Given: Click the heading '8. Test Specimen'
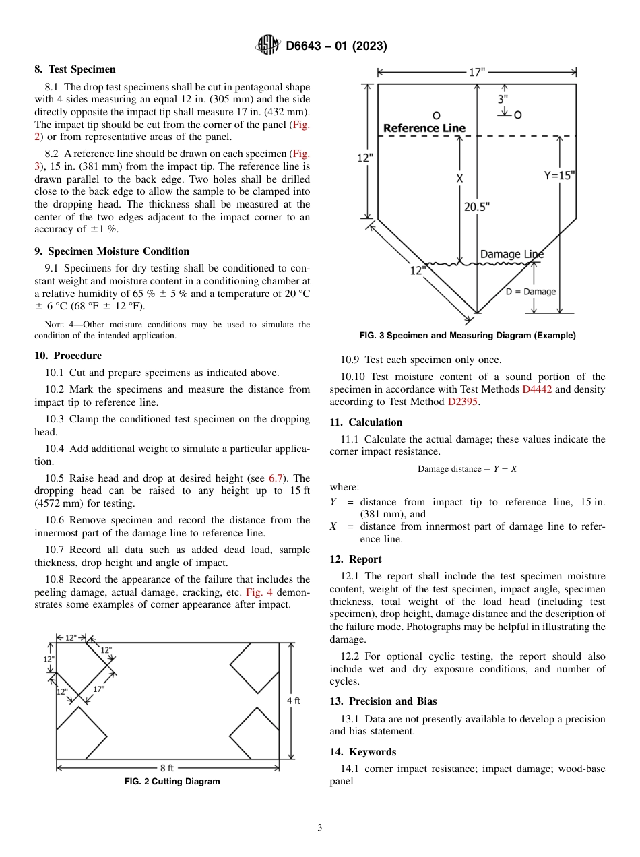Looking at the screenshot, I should (75, 69).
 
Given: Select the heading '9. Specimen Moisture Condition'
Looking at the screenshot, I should (112, 251).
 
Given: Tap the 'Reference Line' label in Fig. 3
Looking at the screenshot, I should (424, 128).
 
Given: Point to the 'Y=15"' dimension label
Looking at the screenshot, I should (559, 175).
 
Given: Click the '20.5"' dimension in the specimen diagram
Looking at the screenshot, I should (476, 207).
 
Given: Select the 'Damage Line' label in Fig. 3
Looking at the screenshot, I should (511, 254).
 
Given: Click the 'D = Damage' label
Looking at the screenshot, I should (530, 292).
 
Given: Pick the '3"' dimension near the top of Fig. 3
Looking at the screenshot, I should (503, 98).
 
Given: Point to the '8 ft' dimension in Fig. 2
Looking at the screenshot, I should (167, 767).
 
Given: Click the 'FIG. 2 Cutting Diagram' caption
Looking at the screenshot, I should (172, 782).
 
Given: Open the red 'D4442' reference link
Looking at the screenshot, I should (537, 389).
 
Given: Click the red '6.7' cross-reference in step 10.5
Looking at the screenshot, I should (276, 478).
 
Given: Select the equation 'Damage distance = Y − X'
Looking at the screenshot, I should (467, 468).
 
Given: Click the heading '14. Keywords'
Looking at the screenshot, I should (362, 752).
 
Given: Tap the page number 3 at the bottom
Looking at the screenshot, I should (320, 828).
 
